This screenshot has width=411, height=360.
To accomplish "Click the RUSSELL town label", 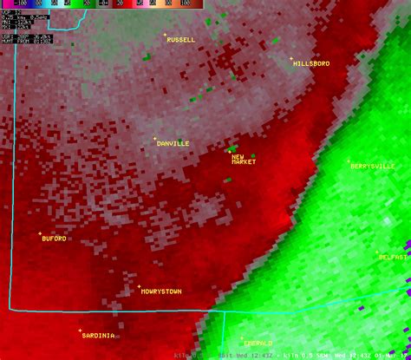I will (x=181, y=40).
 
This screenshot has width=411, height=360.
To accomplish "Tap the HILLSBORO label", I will (x=311, y=64).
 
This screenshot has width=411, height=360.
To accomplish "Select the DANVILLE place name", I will (x=173, y=143).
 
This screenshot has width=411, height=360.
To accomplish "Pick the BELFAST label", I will (x=395, y=257).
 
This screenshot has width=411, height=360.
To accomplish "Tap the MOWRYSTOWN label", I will (x=161, y=291).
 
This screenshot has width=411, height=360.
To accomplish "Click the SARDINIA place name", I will (x=97, y=335).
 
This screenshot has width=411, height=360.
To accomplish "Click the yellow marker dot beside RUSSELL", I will (x=166, y=35).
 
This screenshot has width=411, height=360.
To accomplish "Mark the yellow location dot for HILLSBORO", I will (x=291, y=59).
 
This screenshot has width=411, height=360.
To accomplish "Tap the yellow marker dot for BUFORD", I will (x=39, y=233).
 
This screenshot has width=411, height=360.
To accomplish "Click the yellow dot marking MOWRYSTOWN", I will (x=139, y=286).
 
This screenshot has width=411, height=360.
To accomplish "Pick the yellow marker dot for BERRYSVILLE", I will (x=349, y=160).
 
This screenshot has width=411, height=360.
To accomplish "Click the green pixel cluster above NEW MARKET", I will (x=232, y=148).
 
